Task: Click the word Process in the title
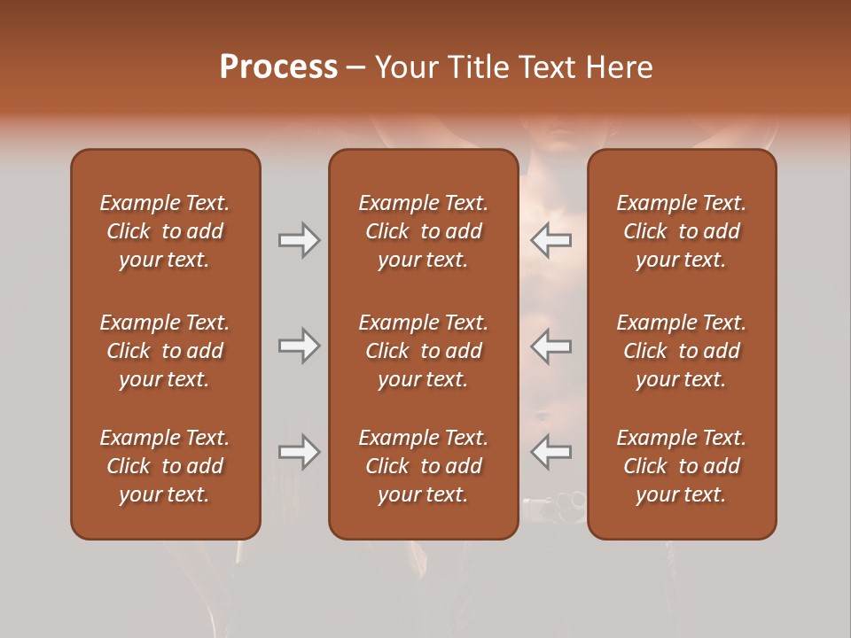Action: tap(278, 67)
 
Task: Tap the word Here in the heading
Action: tap(620, 67)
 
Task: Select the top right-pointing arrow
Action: tap(299, 240)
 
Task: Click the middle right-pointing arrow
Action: tap(299, 346)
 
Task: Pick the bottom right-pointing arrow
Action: tap(299, 453)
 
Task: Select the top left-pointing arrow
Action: tap(551, 240)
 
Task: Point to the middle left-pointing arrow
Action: tap(551, 346)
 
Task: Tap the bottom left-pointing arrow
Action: tap(551, 453)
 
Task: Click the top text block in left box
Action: tap(165, 231)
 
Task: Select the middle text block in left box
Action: tap(165, 351)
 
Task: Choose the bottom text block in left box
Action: tap(165, 466)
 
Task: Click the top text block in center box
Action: tap(423, 231)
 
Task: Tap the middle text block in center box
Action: tap(423, 351)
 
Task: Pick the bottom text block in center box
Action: tap(423, 466)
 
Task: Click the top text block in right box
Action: tap(681, 231)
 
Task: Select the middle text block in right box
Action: tap(681, 351)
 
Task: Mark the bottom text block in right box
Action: tap(681, 466)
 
